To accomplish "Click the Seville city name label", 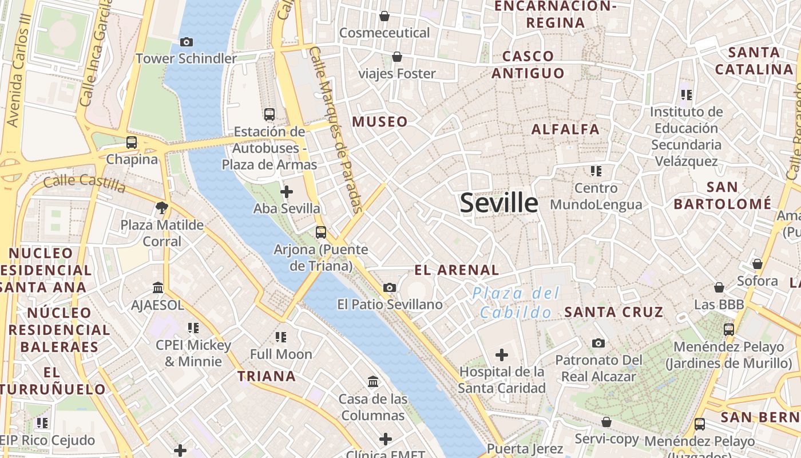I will tap(499, 203).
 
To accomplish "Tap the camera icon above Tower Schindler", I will tap(186, 42).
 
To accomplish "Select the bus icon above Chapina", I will tap(132, 142).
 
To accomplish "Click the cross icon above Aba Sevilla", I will tap(287, 192).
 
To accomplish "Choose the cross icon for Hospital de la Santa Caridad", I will tap(502, 355).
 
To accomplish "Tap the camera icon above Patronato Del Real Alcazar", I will tap(598, 343).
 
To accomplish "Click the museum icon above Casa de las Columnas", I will tap(373, 381).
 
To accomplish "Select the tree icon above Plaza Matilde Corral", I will tap(162, 208).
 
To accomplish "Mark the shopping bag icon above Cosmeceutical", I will tap(384, 16).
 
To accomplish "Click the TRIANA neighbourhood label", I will tap(267, 376).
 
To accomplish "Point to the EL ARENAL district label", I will tap(457, 270).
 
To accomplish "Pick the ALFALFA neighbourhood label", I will tap(565, 129).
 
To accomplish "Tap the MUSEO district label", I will tap(380, 121).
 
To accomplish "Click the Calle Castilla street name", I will tap(85, 183).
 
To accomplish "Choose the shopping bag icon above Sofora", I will tap(758, 264).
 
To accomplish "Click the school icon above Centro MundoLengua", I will tap(596, 171).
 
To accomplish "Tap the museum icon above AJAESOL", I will tap(158, 288).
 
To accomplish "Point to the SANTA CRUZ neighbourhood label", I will tap(614, 312).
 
